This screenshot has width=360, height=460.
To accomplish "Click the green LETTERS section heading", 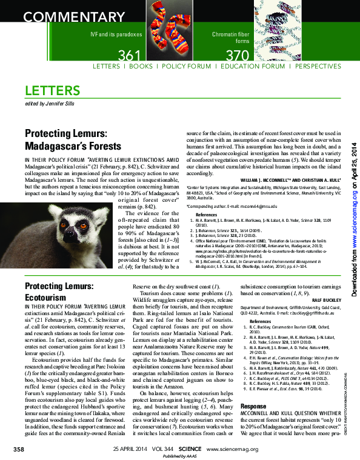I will click(53, 91).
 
